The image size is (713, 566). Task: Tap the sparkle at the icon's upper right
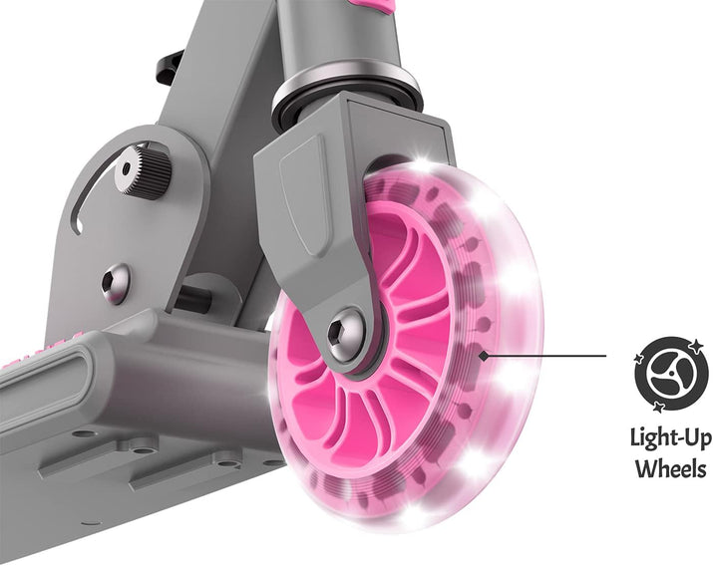pyautogui.click(x=695, y=346)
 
